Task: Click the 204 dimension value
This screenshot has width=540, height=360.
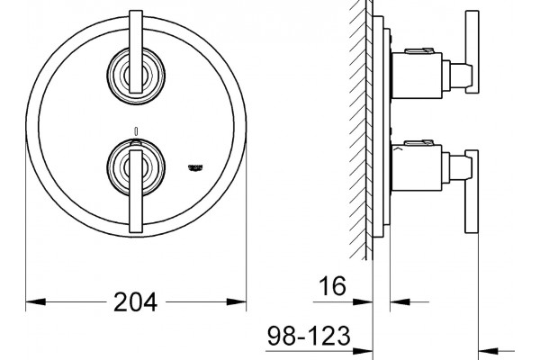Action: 135,301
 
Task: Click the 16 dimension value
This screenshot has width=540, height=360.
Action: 332,285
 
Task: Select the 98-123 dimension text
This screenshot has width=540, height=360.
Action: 309,336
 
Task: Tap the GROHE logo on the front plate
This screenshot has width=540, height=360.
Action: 195,167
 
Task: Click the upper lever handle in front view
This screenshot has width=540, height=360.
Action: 136,51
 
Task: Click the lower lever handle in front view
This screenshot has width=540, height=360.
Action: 136,192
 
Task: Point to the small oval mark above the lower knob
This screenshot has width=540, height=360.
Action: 136,130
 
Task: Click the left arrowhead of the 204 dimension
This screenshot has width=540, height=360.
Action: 36,301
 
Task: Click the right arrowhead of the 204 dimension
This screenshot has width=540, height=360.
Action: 236,301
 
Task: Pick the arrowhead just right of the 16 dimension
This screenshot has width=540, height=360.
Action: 400,301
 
